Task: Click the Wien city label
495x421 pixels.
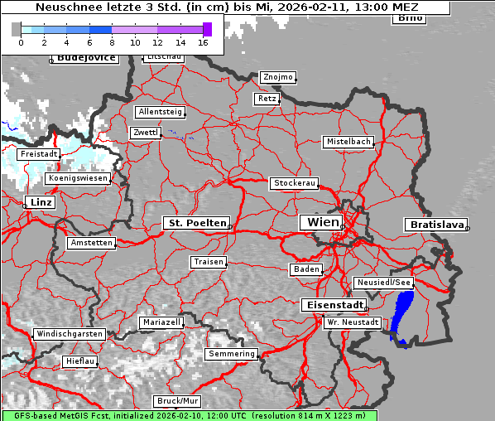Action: [323, 222]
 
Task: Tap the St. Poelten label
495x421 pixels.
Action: [195, 223]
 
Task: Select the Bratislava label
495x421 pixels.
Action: [435, 225]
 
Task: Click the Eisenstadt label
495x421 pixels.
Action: [332, 305]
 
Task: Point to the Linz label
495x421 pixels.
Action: [39, 202]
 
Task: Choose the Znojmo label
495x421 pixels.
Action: [277, 77]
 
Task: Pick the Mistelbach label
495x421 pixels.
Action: [348, 142]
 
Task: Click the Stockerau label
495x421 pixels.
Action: [294, 183]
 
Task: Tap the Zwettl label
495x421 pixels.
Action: [145, 133]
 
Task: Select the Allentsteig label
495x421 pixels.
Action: [160, 112]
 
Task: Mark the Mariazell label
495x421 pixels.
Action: [161, 322]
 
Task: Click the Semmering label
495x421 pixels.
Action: [232, 354]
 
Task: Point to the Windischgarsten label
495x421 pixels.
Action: [69, 334]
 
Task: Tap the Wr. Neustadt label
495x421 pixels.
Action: [353, 322]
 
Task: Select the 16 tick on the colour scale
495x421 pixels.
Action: [204, 41]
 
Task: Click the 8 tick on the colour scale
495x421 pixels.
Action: [112, 41]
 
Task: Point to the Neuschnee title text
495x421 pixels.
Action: [228, 7]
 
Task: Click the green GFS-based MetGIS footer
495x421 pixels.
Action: [189, 415]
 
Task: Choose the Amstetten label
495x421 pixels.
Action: [91, 243]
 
